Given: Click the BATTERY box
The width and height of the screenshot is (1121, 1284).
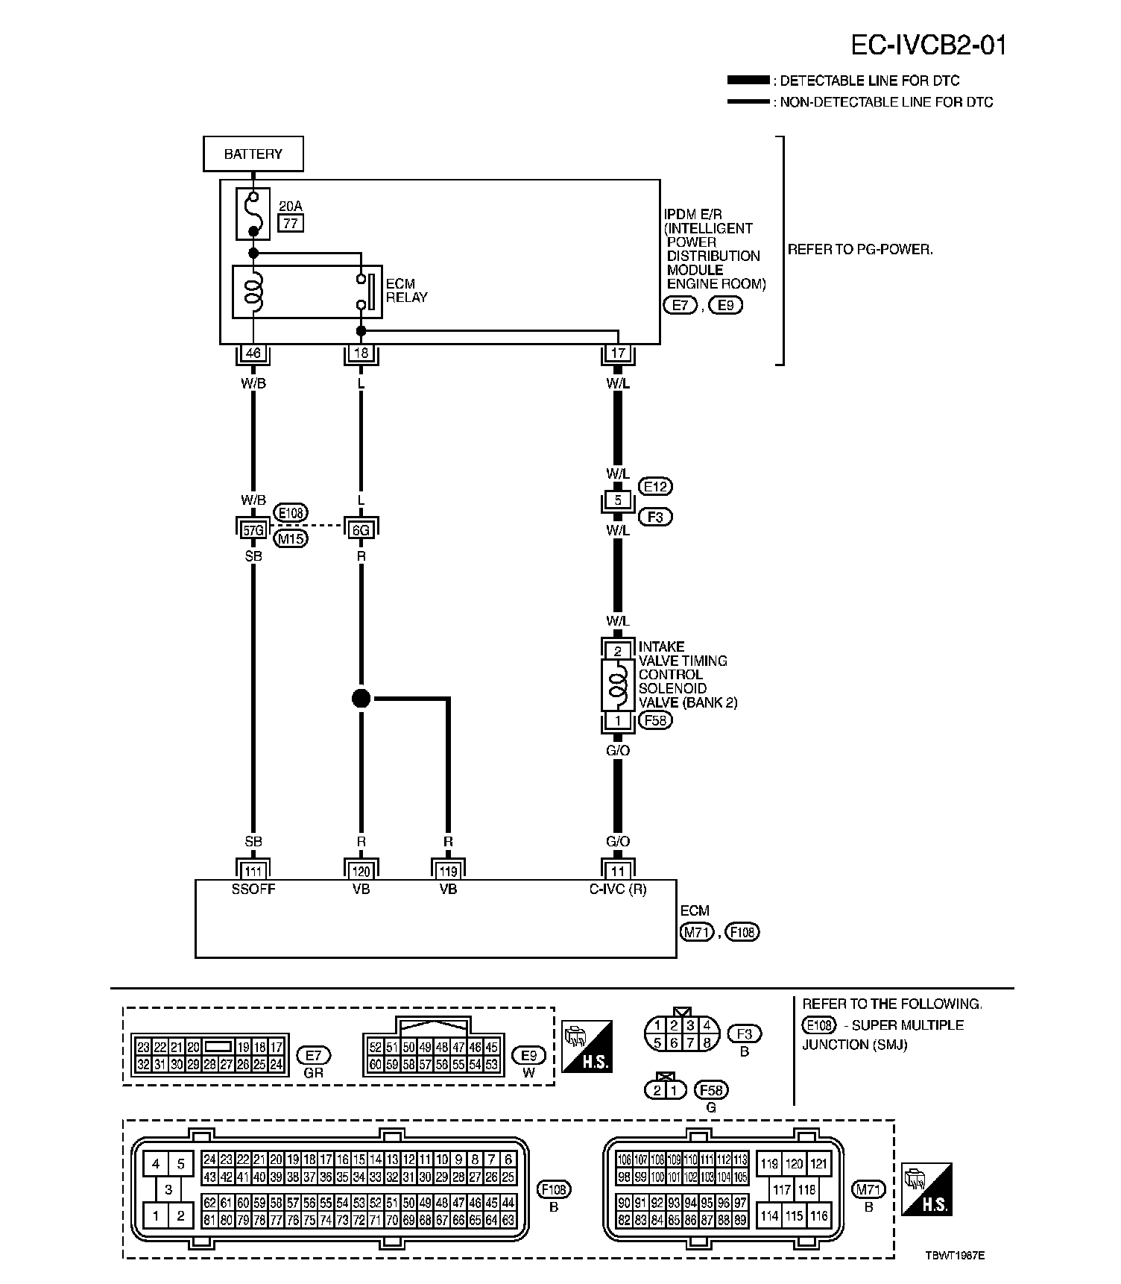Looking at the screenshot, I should tap(253, 154).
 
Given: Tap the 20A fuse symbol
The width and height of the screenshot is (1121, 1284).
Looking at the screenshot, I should tap(253, 213).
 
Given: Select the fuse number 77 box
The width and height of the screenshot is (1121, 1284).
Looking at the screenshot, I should tap(291, 223).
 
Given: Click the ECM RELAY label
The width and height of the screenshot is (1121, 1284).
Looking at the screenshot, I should tap(406, 291).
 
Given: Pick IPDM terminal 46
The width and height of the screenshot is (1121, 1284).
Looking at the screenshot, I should tap(253, 353).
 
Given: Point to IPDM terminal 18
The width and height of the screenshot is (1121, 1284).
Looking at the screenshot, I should tap(361, 353).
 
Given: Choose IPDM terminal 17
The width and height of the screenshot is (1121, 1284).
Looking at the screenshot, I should tap(618, 353).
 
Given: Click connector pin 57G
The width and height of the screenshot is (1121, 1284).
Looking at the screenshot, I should tap(253, 530).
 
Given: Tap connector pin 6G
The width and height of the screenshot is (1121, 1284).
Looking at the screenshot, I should tap(361, 530).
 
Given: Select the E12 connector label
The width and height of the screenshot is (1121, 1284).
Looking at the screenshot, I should tap(655, 486).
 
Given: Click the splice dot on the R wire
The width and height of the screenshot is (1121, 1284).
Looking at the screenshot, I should tap(361, 699).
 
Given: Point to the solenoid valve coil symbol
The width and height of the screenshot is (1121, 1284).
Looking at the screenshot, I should tap(618, 687).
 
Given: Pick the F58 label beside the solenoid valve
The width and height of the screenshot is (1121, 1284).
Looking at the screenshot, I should tap(655, 720).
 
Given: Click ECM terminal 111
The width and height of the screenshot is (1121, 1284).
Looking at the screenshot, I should tap(253, 871).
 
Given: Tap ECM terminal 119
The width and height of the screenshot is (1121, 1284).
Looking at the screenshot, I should tap(448, 871).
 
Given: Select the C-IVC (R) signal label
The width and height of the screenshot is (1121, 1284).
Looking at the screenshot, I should tap(618, 890).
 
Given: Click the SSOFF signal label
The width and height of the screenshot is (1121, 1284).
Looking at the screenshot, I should tap(253, 890).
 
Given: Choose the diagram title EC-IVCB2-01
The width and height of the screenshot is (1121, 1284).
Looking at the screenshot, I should tap(929, 46).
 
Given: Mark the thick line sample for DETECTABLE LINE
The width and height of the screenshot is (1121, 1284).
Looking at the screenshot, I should tap(748, 81).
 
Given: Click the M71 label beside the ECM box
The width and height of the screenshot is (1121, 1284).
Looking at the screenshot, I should tap(696, 931).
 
